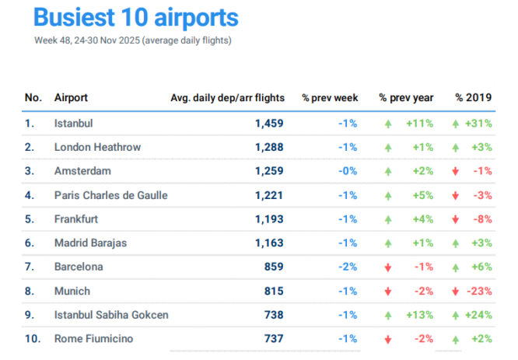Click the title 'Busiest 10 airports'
coord(136,18)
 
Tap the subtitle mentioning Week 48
coord(132,40)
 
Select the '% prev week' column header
coord(330,98)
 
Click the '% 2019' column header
coord(474,98)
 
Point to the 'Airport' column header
coord(71,98)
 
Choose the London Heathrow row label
coord(96,147)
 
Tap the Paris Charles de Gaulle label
coord(111,195)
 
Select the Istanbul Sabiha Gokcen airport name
coord(112,315)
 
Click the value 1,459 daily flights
coord(269,123)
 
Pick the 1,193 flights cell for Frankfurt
coord(269,219)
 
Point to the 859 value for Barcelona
coord(273,267)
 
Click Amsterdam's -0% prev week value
coord(347,171)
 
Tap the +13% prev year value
coord(419,315)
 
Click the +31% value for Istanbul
coord(478,123)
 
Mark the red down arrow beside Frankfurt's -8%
coord(456,219)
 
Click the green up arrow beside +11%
coord(387,123)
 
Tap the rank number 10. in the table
coord(33,339)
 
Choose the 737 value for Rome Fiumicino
coord(273,339)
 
